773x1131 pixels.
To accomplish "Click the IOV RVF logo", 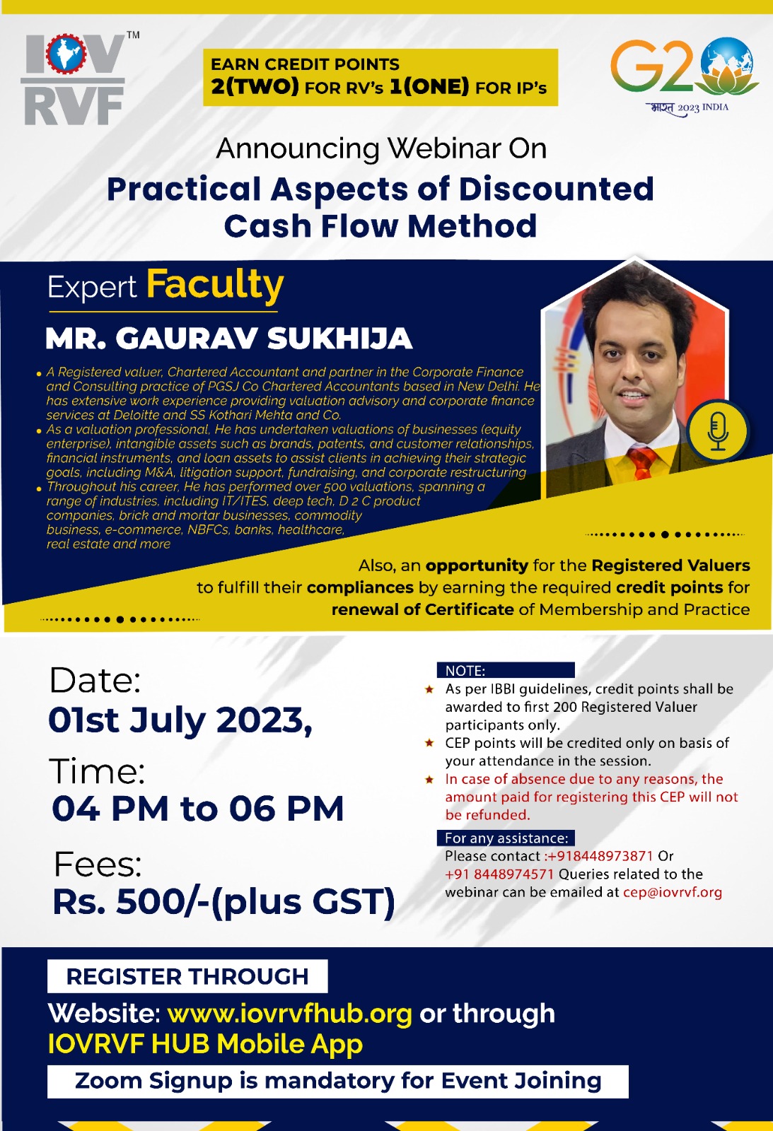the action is pos(79,78).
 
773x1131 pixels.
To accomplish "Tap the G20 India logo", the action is pos(684,76).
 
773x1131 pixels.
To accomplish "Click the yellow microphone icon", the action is pos(717,430).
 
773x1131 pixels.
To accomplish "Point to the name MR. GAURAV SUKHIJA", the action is pos(229,339).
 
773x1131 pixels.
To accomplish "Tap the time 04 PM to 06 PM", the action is pos(197,809).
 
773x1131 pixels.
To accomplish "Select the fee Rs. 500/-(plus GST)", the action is pos(223,902).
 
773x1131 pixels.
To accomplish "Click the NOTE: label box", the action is pos(506,670).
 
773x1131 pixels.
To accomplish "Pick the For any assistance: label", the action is pos(506,838).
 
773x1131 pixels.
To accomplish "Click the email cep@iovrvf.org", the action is pos(673,892).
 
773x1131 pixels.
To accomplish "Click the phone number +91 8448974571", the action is pos(499,874).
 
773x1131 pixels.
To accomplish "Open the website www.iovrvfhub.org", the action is pos(289,1014).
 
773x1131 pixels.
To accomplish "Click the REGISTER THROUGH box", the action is pos(187,976).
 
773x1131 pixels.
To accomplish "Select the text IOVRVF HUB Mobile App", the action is pos(205,1044).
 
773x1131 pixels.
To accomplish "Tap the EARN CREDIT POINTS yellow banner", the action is pos(380,77).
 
